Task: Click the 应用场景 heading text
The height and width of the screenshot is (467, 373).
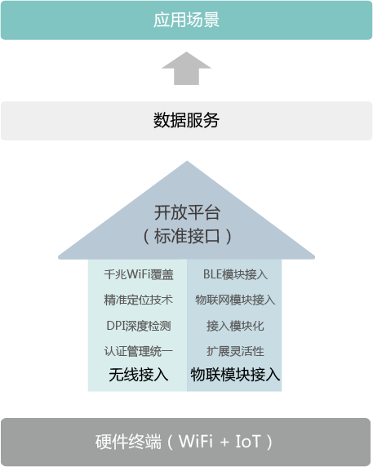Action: point(186,20)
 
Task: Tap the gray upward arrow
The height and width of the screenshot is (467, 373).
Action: point(186,69)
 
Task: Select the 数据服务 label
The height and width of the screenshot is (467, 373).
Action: point(186,120)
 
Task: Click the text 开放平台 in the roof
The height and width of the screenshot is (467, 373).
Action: point(187,212)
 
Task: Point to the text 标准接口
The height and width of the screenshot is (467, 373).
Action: point(187,236)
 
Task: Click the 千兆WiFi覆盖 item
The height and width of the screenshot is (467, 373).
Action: point(139,274)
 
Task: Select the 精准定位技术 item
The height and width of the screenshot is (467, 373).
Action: point(139,300)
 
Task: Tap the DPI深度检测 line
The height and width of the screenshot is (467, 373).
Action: point(139,326)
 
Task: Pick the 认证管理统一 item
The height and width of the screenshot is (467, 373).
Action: point(139,351)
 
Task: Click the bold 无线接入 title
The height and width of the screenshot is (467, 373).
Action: point(139,375)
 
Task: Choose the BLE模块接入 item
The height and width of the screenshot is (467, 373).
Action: point(235,274)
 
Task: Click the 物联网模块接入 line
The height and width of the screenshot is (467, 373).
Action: point(235,300)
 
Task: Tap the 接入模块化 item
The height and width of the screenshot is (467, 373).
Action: point(235,326)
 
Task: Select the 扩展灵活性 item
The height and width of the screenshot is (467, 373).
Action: point(235,351)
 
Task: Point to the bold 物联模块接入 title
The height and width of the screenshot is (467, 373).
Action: point(235,375)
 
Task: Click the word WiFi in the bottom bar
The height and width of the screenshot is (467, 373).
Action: point(196,442)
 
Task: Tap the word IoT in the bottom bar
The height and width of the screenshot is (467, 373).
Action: point(248,442)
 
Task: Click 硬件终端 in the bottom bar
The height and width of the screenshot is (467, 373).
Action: point(128,442)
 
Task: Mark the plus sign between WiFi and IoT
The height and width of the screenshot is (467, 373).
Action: point(224,443)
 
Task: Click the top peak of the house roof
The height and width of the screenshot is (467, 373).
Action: point(187,161)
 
